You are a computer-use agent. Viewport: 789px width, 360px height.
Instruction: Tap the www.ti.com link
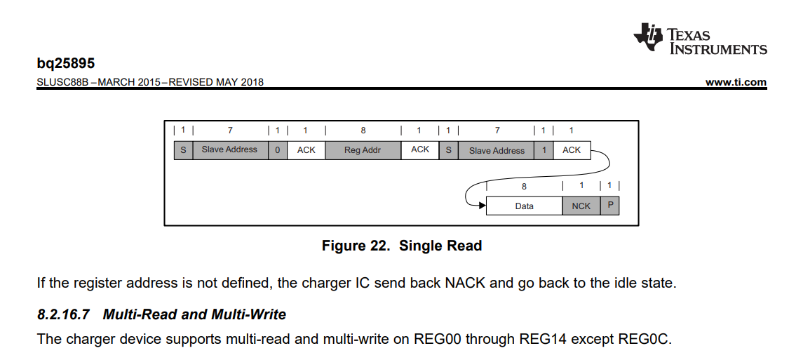coord(736,82)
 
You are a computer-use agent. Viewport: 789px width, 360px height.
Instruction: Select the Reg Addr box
coord(363,150)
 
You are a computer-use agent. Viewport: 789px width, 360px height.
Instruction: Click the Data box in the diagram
coord(524,206)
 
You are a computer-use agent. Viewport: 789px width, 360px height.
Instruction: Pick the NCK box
coord(581,206)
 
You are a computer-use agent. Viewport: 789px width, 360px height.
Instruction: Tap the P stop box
coord(610,206)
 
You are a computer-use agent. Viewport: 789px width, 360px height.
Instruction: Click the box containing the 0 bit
coord(278,150)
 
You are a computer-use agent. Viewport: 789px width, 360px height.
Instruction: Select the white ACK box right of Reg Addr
coord(420,149)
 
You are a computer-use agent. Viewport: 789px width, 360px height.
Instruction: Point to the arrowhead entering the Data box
coord(482,206)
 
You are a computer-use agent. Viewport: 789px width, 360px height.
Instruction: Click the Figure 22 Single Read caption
coord(401,246)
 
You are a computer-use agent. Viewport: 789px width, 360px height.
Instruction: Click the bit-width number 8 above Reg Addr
coord(363,131)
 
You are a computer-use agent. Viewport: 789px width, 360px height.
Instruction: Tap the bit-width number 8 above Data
coord(524,187)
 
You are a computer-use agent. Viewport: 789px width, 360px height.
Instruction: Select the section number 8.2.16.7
coord(63,314)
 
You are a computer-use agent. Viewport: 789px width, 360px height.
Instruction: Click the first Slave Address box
coord(229,149)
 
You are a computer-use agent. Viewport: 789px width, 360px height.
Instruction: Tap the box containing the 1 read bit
coord(544,150)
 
